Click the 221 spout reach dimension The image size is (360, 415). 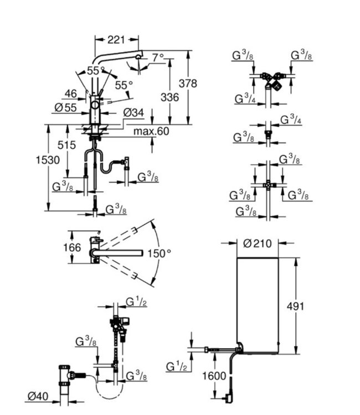(x=116, y=39)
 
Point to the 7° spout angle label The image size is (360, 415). (x=158, y=57)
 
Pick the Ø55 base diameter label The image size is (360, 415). (x=66, y=107)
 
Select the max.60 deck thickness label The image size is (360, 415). (x=151, y=132)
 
